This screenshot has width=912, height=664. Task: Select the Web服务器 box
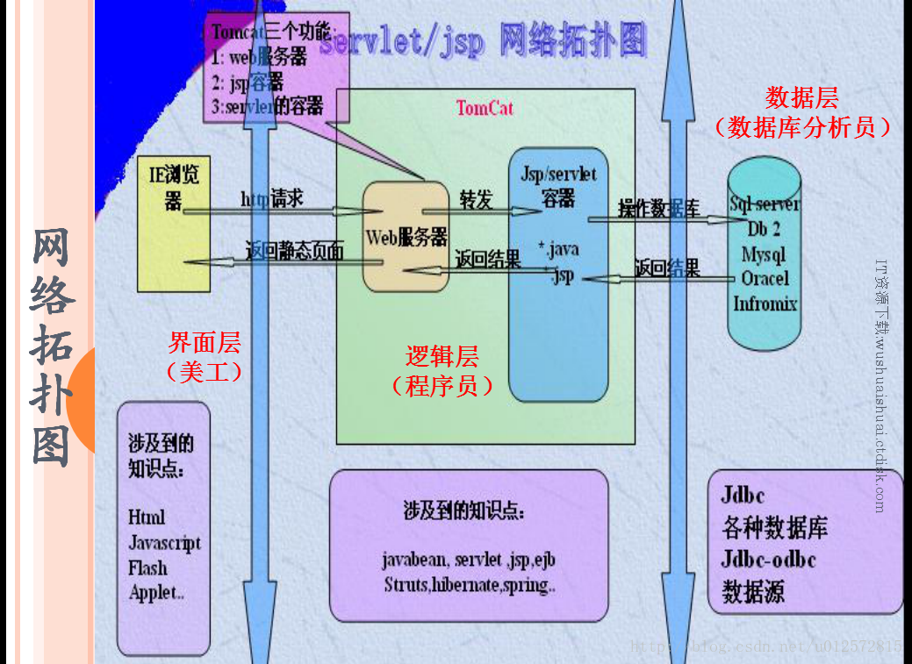tap(406, 237)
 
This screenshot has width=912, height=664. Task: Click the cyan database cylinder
tap(764, 263)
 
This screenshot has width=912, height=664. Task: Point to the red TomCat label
tap(485, 108)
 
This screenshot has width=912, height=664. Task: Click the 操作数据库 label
tap(659, 208)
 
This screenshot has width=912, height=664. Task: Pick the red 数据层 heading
tap(801, 96)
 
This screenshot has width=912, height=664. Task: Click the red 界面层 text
tap(204, 342)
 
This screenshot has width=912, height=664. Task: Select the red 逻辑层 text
tap(442, 356)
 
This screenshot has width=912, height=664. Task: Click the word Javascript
tap(164, 543)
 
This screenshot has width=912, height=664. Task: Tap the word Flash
tap(147, 568)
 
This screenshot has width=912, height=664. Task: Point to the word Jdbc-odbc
tap(768, 559)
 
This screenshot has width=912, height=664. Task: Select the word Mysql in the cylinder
tap(764, 254)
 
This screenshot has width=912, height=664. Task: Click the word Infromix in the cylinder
tap(765, 303)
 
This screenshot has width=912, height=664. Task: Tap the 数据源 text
tap(752, 590)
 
